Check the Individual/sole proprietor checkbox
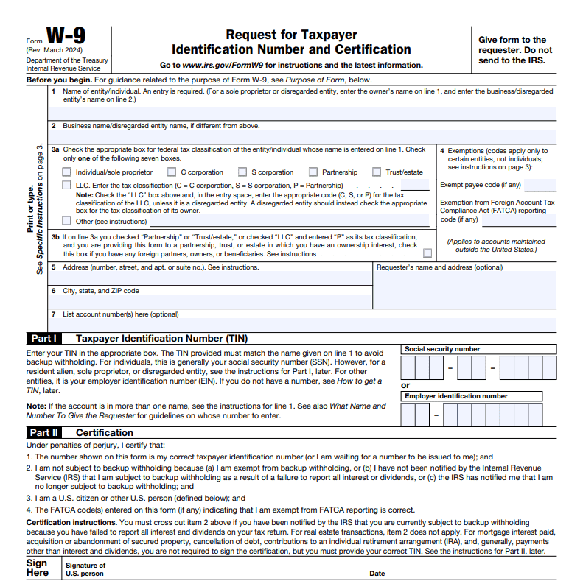click(x=67, y=172)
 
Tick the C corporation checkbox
click(x=172, y=172)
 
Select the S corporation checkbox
click(x=242, y=172)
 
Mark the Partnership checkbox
click(x=313, y=172)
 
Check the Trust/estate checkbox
click(x=377, y=172)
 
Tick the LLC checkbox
click(x=67, y=185)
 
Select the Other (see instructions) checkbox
click(x=67, y=220)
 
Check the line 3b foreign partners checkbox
click(x=427, y=253)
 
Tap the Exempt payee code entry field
click(x=540, y=185)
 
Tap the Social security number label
click(x=442, y=349)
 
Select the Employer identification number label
click(x=455, y=396)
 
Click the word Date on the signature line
click(x=377, y=573)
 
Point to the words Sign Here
click(x=38, y=568)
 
